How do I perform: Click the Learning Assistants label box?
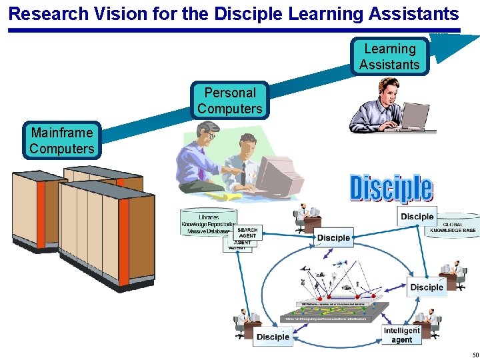pos(389,57)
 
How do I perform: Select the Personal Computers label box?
pos(230,101)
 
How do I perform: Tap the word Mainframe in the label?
pos(61,133)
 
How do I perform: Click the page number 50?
pos(475,354)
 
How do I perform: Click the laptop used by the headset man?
pos(413,117)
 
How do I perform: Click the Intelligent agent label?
pos(402,335)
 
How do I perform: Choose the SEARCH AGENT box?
pos(247,233)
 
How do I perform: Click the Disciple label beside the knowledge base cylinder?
pos(417,216)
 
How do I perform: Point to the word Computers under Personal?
pos(230,109)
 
